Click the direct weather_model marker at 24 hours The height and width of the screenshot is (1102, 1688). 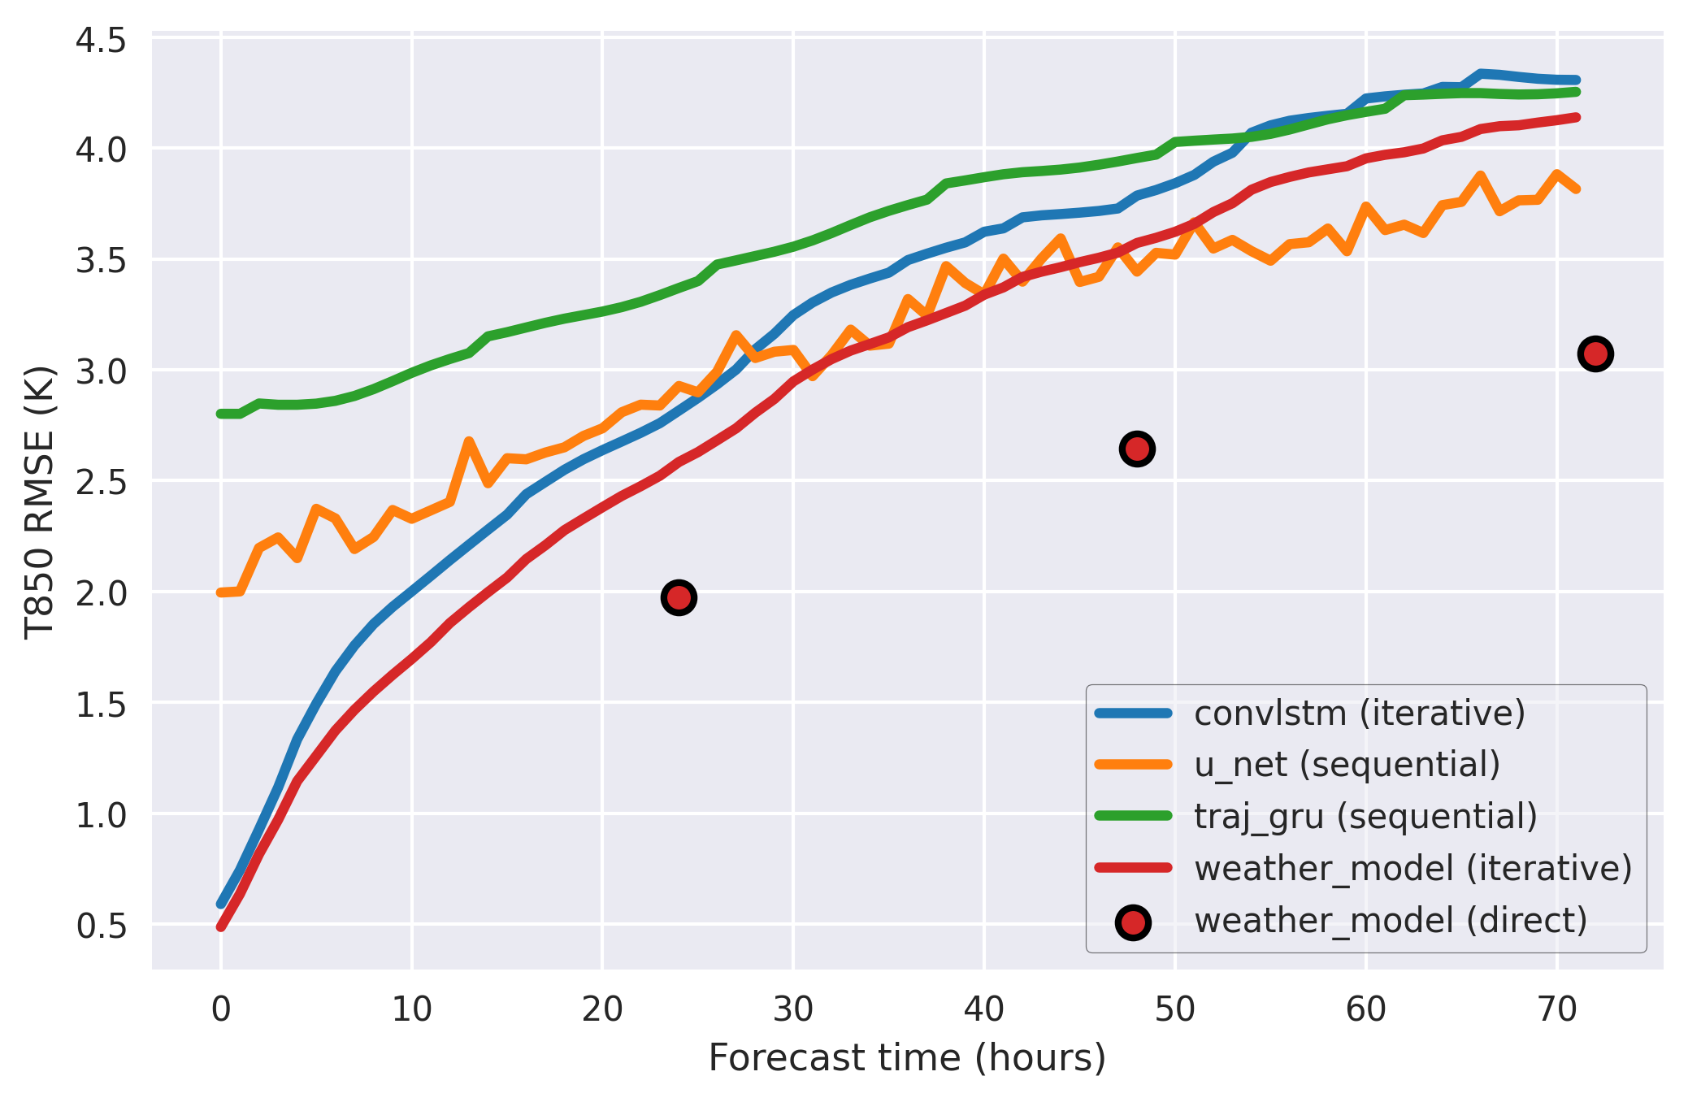[x=679, y=598]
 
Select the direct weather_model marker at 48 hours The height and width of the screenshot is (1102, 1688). [x=1137, y=449]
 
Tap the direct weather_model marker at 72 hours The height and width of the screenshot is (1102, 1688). [x=1595, y=354]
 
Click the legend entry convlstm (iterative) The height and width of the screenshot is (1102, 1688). [x=1359, y=713]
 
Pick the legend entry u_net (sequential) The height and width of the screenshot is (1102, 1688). [x=1347, y=765]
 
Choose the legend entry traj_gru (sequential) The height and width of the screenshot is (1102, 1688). [x=1365, y=816]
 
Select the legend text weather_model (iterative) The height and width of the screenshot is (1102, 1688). [x=1412, y=868]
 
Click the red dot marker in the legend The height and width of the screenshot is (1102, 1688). [x=1133, y=922]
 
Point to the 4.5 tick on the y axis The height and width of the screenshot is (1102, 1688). [x=101, y=39]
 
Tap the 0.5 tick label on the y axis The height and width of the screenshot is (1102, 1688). [x=101, y=926]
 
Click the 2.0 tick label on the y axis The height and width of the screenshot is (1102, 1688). [x=101, y=592]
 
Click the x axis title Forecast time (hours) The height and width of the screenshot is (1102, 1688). [x=907, y=1058]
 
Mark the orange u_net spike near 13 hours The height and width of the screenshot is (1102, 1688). [x=469, y=441]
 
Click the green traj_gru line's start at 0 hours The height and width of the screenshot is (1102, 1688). [x=221, y=414]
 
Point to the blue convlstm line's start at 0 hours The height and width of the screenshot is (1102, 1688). [x=221, y=903]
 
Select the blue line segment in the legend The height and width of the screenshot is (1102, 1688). [x=1133, y=714]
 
